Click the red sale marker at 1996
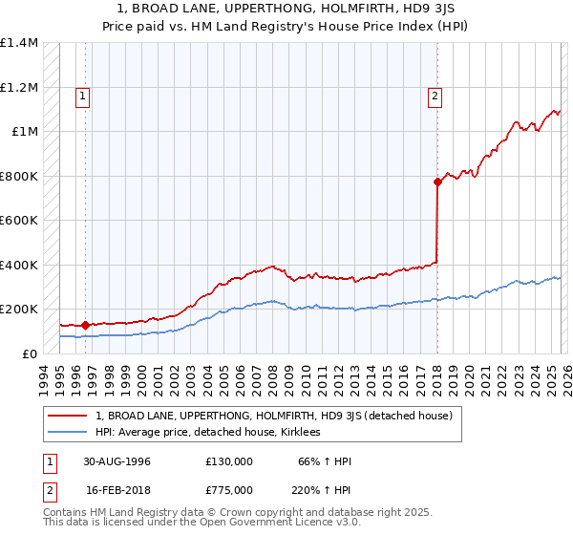tap(85, 325)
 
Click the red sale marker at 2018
tap(437, 182)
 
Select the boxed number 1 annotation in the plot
tap(84, 96)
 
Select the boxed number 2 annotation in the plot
tap(435, 96)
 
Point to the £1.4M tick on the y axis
tap(19, 43)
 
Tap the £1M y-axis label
tap(25, 132)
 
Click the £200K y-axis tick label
tap(19, 310)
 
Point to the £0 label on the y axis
tap(30, 353)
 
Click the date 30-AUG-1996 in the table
tap(117, 461)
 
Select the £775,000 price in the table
tap(228, 489)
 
